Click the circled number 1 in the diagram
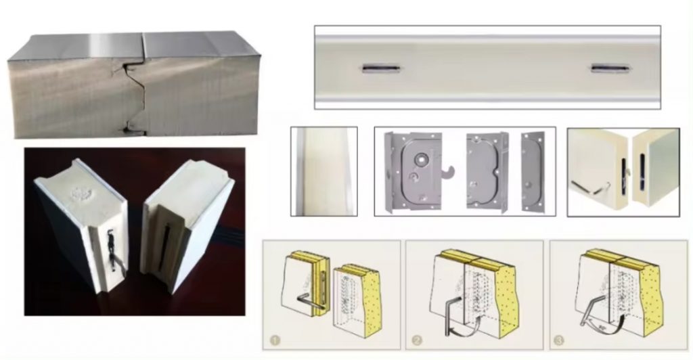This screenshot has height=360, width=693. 274,338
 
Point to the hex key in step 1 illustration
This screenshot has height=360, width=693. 307,302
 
